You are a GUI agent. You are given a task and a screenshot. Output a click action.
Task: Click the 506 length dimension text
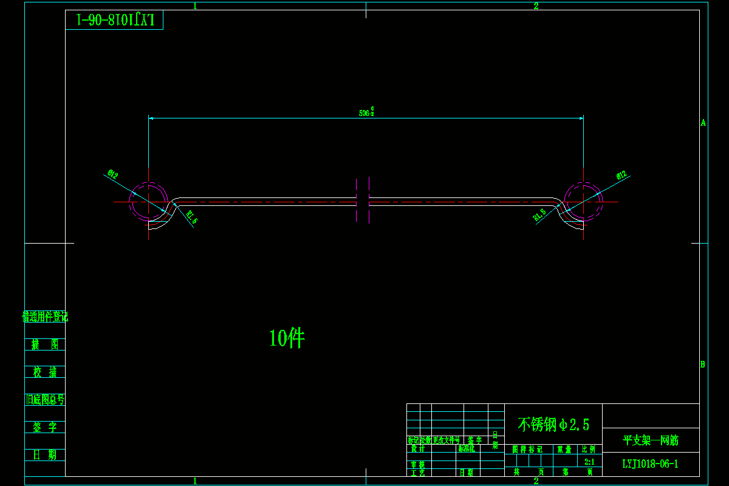tap(366, 112)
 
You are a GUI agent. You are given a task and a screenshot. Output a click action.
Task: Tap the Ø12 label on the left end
tap(112, 175)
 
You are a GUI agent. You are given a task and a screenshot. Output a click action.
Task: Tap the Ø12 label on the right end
tap(621, 175)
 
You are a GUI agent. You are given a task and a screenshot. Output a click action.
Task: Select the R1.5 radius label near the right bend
tap(539, 214)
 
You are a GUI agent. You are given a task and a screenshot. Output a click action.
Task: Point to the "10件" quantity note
tap(287, 338)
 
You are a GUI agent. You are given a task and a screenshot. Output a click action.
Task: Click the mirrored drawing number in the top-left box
tap(115, 19)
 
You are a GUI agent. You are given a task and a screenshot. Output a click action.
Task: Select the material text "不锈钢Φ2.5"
tap(553, 424)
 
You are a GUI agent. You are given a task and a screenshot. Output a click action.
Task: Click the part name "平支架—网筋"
tap(651, 440)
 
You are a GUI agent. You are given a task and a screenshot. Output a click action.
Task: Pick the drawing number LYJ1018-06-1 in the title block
tap(650, 464)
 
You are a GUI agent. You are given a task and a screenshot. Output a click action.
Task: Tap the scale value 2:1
tap(589, 462)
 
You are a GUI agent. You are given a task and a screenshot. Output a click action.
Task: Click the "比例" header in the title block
tap(589, 450)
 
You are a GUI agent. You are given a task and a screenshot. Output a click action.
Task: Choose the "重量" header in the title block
tap(564, 450)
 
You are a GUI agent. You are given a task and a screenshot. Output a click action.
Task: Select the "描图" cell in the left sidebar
tap(45, 344)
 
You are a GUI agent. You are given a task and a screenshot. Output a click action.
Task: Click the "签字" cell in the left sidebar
tap(45, 427)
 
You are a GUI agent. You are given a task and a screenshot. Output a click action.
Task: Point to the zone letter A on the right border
tap(703, 122)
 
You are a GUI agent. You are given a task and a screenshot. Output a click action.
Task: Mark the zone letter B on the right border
tap(703, 364)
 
